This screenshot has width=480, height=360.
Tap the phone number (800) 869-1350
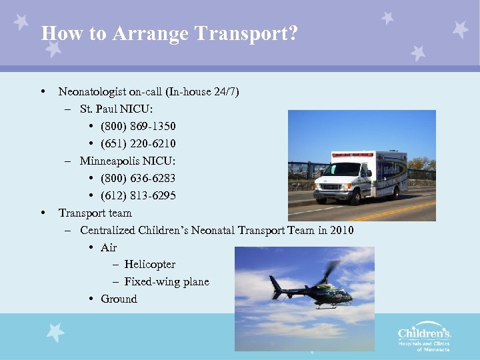click(x=138, y=127)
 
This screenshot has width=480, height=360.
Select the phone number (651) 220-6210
click(x=138, y=144)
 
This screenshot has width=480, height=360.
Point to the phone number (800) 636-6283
click(x=138, y=179)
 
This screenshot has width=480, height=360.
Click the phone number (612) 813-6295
click(x=138, y=196)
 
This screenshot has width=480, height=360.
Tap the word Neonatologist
click(x=93, y=92)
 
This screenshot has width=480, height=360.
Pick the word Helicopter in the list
click(x=149, y=265)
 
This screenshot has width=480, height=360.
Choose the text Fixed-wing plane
click(x=167, y=282)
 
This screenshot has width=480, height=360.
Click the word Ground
click(x=119, y=299)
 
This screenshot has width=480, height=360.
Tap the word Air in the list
click(x=109, y=247)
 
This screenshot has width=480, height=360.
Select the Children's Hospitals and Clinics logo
click(x=424, y=337)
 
